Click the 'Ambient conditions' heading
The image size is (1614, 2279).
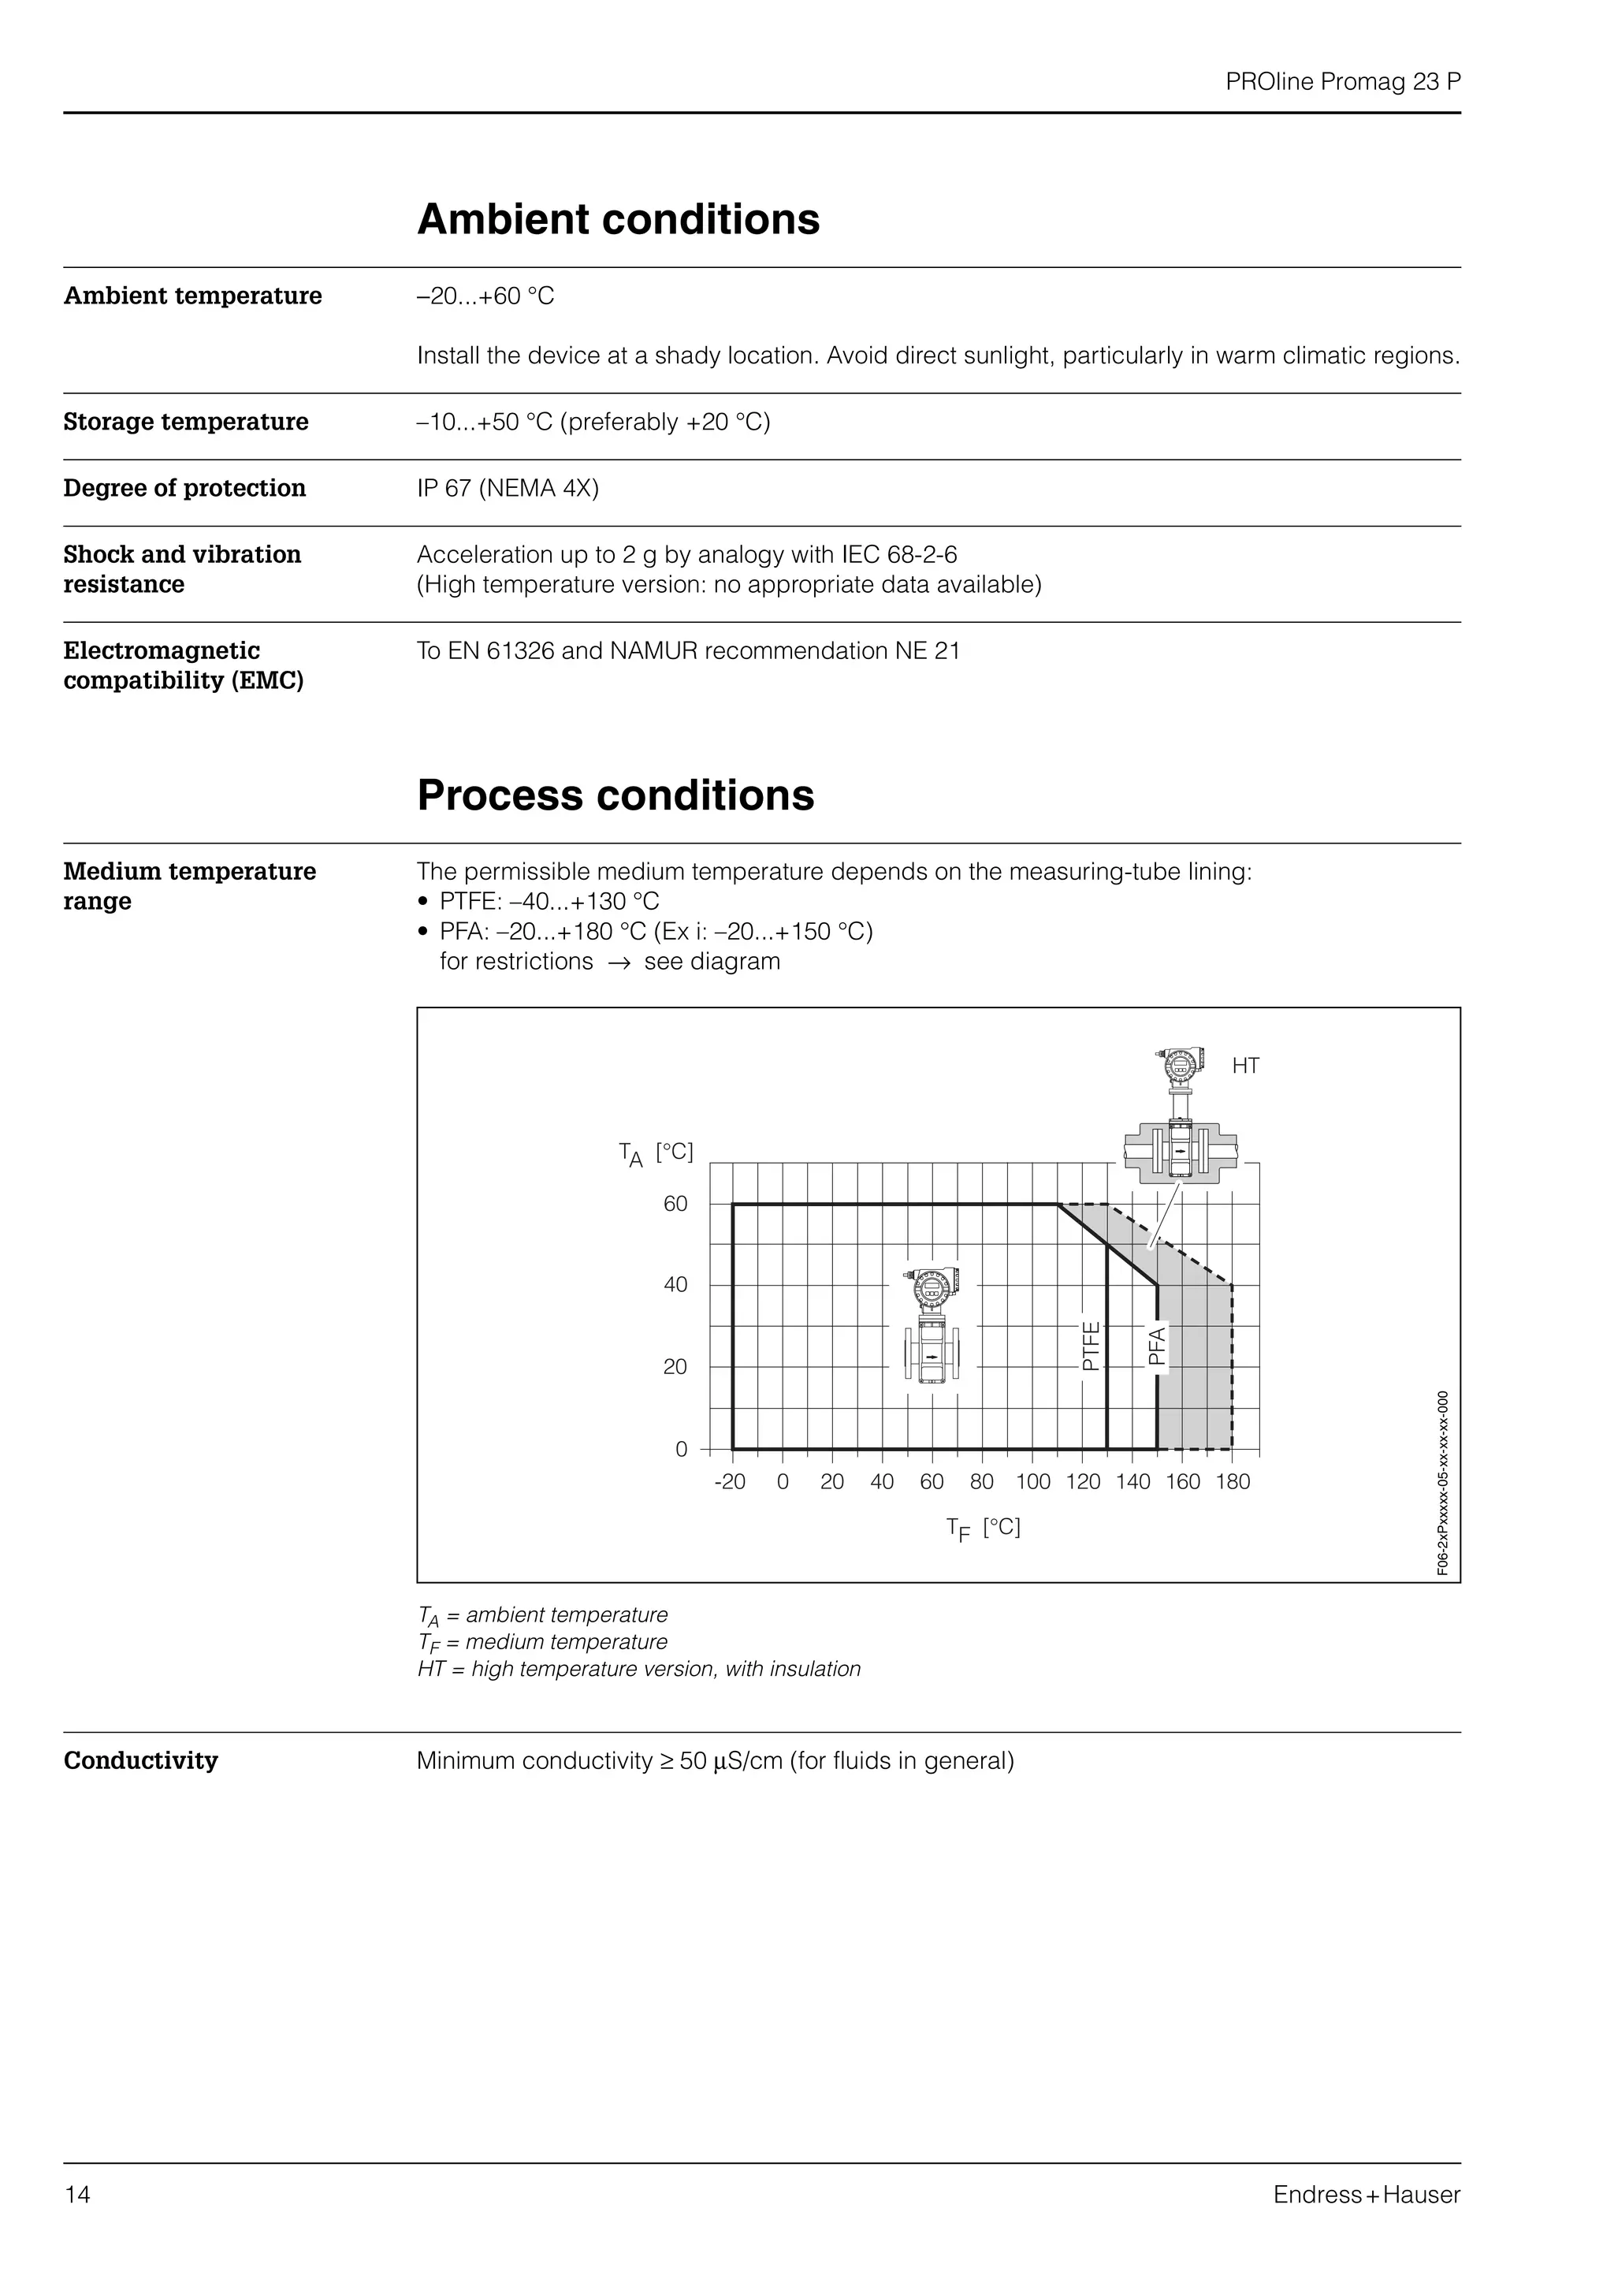coord(618,220)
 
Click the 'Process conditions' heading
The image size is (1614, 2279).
coord(615,795)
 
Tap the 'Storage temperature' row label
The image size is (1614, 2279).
coord(186,422)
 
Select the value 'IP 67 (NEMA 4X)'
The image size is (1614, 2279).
coord(508,488)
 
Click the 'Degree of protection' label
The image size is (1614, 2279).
coord(185,488)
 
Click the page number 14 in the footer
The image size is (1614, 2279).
coord(77,2195)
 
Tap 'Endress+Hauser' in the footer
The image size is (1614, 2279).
coord(1367,2195)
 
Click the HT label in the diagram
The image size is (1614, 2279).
coord(1245,1066)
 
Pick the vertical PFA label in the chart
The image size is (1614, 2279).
coord(1157,1346)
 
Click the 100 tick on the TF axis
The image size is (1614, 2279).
coord(1032,1482)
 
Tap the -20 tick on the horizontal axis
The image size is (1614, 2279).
coord(730,1482)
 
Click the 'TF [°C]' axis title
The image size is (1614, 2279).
coord(983,1528)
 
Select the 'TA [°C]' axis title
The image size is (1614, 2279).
coord(656,1153)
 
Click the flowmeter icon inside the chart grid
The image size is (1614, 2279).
coord(932,1327)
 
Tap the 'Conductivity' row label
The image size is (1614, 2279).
coord(141,1760)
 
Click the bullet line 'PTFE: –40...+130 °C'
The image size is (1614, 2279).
coord(549,902)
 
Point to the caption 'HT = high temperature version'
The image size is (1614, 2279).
coord(639,1669)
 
